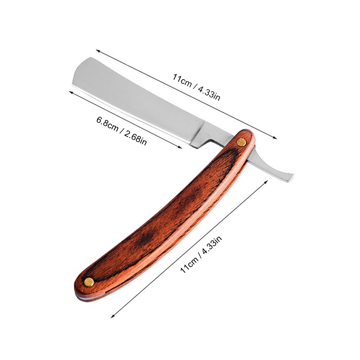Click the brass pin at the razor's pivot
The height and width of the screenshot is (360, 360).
(241, 143)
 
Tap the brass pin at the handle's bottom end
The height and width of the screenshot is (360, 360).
(88, 282)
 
